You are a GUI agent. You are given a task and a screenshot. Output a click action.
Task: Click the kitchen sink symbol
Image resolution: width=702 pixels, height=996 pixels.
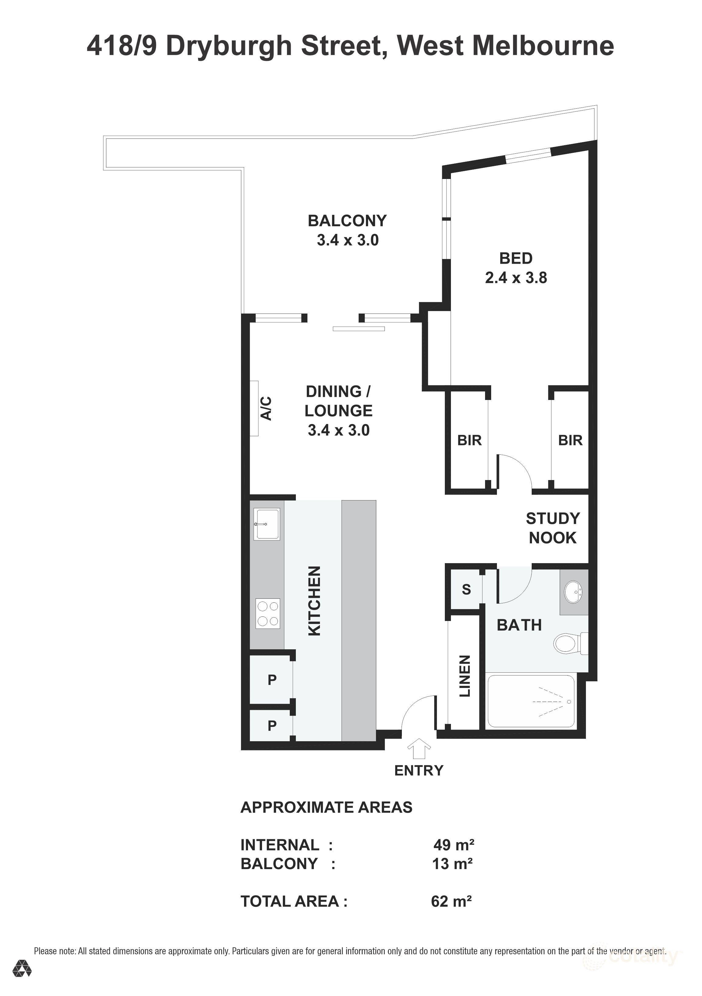click(267, 524)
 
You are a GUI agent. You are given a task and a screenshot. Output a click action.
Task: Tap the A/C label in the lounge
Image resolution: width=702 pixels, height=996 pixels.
click(266, 408)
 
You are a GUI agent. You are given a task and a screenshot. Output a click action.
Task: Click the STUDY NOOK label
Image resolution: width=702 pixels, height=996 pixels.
click(552, 528)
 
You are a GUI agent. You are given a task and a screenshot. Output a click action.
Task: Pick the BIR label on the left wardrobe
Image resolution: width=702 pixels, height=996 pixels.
click(469, 440)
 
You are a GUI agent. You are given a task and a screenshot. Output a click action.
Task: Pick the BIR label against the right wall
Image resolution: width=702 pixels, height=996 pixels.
click(570, 440)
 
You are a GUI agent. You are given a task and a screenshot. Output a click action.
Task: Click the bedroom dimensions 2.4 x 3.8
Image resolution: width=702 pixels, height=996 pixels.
click(516, 278)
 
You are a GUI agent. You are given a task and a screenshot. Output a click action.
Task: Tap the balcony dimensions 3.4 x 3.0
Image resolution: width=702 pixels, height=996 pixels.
click(347, 240)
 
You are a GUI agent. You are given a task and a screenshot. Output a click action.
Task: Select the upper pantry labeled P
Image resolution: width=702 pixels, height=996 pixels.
click(272, 680)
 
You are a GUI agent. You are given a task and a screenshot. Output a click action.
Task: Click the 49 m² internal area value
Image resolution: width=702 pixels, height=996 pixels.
click(453, 845)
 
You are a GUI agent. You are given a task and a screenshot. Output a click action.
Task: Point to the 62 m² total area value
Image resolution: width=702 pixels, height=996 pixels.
click(451, 901)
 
